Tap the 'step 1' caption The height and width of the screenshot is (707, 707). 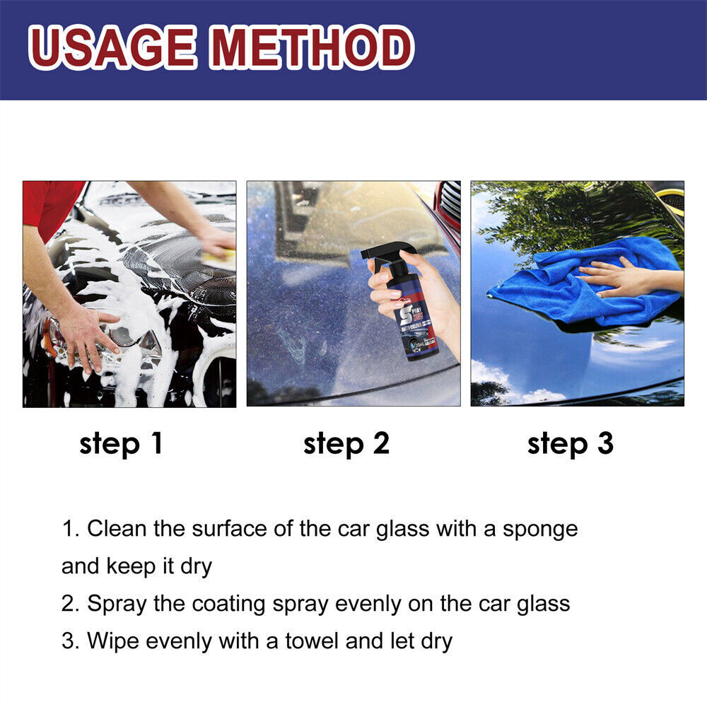click(x=121, y=444)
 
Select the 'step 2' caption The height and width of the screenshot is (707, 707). click(x=346, y=444)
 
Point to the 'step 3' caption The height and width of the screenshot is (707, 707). click(x=571, y=444)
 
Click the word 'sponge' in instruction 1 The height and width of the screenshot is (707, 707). click(x=540, y=529)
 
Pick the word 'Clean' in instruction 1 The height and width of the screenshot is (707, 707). click(x=112, y=529)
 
